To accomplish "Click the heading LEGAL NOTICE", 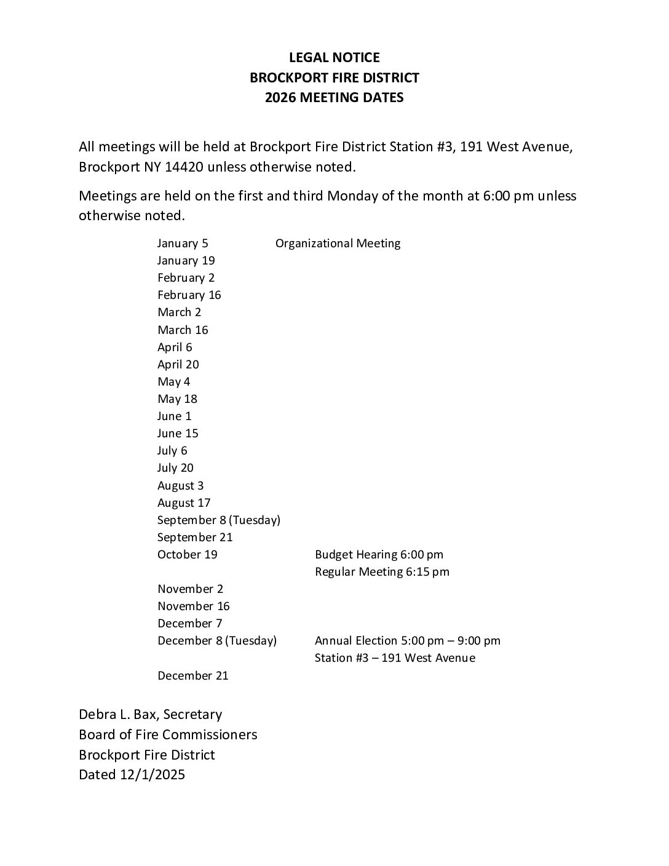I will tap(334, 58).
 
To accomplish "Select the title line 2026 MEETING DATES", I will tap(334, 97).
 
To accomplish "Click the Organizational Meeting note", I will tap(338, 243).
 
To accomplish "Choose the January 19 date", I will tap(186, 260).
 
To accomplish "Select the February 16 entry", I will tap(189, 295).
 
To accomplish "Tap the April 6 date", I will tap(175, 347).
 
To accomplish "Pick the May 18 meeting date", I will tap(177, 399).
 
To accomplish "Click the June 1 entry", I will tap(174, 416).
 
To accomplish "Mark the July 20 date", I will tap(175, 467).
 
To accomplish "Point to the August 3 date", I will tap(180, 485).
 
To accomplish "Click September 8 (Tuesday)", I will tap(218, 520).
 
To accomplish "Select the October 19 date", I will tap(187, 554).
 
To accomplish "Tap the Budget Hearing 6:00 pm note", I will tap(379, 554).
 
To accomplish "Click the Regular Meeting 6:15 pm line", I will tap(382, 571).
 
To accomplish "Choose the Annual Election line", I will tap(407, 640).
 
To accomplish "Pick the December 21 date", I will tap(192, 675).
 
